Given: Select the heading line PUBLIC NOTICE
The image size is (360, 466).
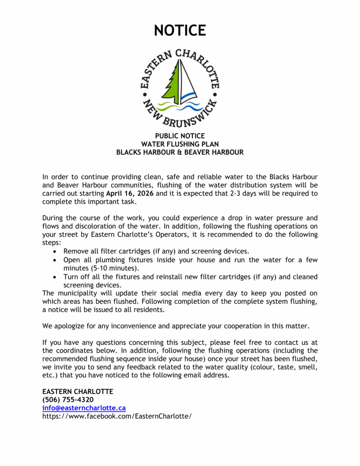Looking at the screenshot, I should pyautogui.click(x=180, y=136).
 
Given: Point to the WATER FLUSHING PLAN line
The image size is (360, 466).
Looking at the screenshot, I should pyautogui.click(x=180, y=144).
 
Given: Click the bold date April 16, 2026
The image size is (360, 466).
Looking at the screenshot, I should pyautogui.click(x=132, y=193).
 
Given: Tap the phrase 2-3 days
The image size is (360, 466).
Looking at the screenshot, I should pyautogui.click(x=248, y=193).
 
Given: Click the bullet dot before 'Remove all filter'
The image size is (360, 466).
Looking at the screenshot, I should pyautogui.click(x=55, y=251).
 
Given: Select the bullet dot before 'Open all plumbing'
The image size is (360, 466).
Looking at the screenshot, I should pyautogui.click(x=55, y=260).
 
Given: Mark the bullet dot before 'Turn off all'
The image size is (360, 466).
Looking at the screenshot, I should pyautogui.click(x=55, y=277).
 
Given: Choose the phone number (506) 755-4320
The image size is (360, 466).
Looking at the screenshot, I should pyautogui.click(x=68, y=400).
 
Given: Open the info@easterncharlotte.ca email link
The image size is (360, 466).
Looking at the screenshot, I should pyautogui.click(x=84, y=408).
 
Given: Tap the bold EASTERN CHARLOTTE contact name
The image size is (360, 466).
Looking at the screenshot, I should pyautogui.click(x=77, y=391).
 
